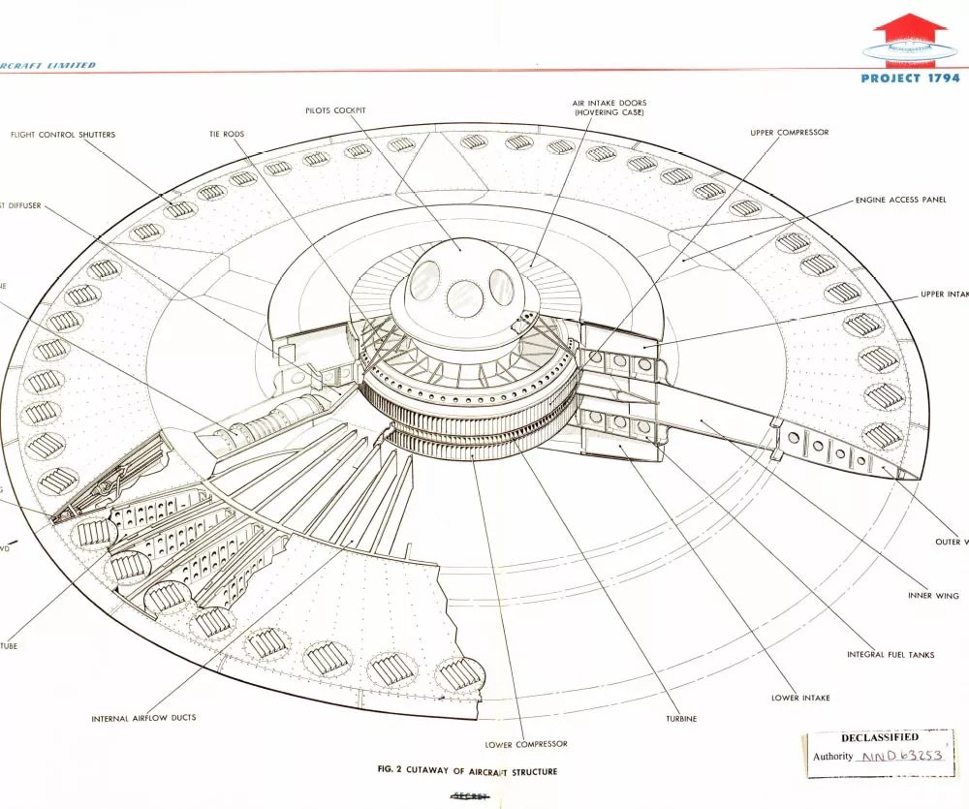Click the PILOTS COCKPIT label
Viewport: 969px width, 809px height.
point(336,110)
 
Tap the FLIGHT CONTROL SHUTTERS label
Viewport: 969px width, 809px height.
point(63,135)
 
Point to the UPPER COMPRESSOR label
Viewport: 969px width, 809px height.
point(790,133)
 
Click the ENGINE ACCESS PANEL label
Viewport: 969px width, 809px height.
point(900,201)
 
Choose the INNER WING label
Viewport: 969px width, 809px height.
point(933,596)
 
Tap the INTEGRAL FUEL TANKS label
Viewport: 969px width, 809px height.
point(891,655)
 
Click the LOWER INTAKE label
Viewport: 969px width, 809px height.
point(800,698)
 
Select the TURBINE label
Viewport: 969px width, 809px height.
point(680,719)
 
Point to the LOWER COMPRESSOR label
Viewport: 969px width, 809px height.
point(526,744)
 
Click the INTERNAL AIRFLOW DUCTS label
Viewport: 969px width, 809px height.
point(143,719)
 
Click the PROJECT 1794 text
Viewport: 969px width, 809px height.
point(910,78)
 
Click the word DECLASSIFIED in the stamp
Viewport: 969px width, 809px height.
point(880,738)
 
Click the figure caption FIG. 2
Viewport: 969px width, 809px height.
point(468,772)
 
